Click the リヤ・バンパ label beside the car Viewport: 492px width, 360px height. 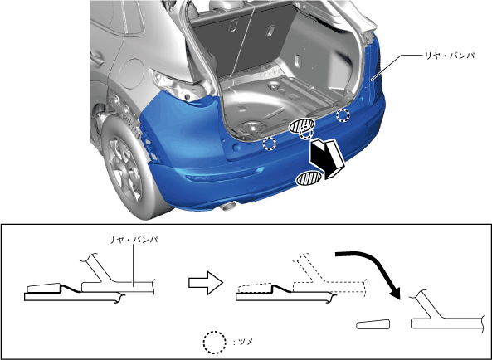pos(450,56)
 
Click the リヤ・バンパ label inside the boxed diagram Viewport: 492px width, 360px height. pos(133,241)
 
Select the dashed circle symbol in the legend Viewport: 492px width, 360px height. pos(215,343)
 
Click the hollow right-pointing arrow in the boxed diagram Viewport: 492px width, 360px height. pos(206,283)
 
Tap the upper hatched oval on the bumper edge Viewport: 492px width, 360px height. pos(301,125)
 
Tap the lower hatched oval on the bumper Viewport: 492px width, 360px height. pos(309,178)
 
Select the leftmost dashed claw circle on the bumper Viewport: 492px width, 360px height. pos(269,144)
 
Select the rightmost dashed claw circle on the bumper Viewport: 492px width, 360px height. pos(343,115)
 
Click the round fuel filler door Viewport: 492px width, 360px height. pos(131,73)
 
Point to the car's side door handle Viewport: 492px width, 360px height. pos(97,58)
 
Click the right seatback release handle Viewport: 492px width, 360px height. pos(270,31)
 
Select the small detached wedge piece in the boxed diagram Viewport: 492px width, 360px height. pos(373,324)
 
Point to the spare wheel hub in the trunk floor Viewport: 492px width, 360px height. pos(252,127)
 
